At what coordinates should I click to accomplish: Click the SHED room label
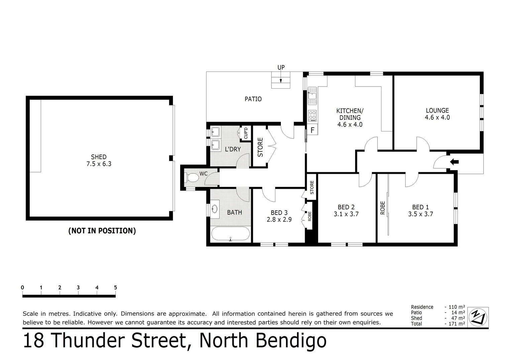coord(99,157)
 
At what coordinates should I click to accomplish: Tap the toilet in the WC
coord(192,177)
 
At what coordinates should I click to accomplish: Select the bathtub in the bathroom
coord(230,234)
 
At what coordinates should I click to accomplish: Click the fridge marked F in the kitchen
coord(313,130)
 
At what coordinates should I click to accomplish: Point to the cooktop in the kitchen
coord(312,115)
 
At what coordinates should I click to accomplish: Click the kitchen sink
coord(312,94)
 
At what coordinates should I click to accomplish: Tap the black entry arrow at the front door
coord(454,162)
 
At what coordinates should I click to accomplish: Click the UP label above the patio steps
coord(281,68)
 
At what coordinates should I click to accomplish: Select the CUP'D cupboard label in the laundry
coord(246,133)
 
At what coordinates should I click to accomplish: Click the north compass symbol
coord(478,317)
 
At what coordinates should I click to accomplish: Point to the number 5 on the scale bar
coord(115,287)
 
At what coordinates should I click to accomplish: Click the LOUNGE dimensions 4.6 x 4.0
coord(437,118)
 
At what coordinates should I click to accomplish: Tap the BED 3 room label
coord(279,213)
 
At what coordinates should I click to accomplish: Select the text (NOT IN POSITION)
coord(102,231)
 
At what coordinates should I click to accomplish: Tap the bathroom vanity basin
coord(214,209)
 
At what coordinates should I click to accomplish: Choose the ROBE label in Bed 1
coord(383,208)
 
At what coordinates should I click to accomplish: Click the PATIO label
coord(253,99)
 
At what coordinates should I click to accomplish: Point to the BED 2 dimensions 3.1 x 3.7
coord(346,214)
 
